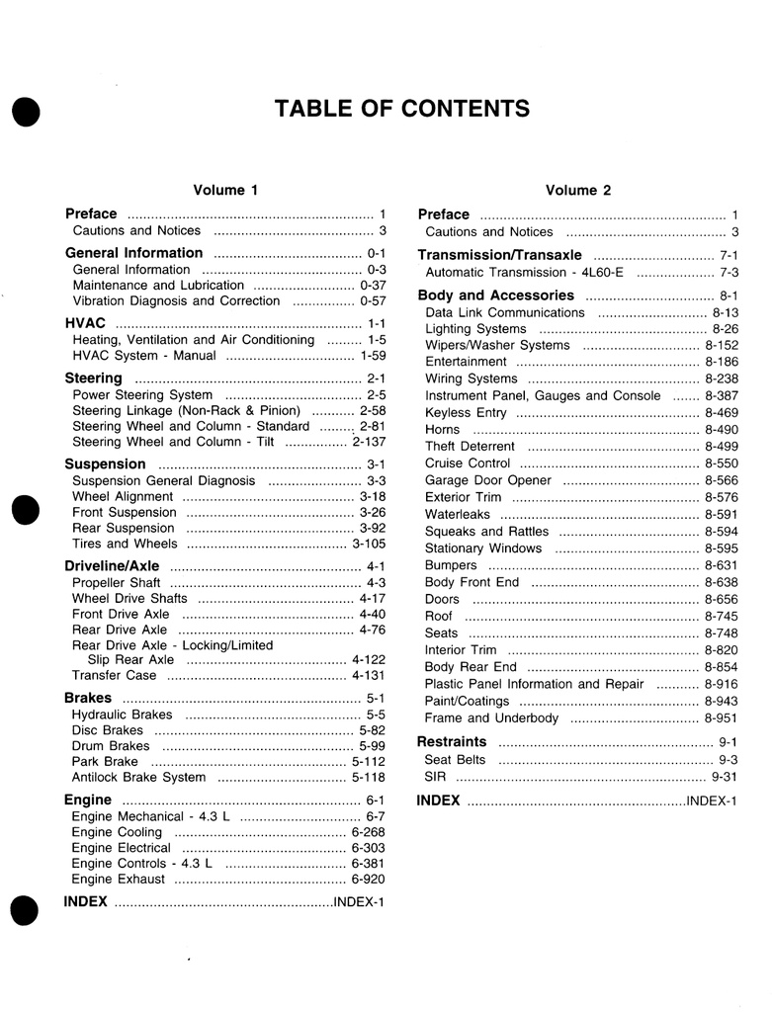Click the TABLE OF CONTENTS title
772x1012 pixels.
(x=401, y=108)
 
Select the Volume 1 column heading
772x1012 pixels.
(x=225, y=190)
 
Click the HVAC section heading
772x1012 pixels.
(x=85, y=323)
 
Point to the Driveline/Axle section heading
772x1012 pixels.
(x=112, y=566)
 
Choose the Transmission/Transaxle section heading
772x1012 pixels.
(x=500, y=255)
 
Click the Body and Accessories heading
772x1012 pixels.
(x=495, y=295)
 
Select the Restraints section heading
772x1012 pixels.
(x=452, y=741)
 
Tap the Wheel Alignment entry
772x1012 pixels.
(x=123, y=496)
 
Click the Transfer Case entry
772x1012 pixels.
(x=114, y=675)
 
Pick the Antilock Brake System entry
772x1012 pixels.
(x=138, y=777)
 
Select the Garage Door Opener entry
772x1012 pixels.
(x=488, y=480)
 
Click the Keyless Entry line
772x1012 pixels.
(x=466, y=412)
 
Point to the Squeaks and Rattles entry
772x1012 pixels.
(x=486, y=531)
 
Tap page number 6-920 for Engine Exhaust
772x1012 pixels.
(x=368, y=879)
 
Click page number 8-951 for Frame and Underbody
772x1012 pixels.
(x=721, y=717)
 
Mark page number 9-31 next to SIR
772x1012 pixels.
(x=725, y=777)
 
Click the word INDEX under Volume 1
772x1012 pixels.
(x=85, y=901)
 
